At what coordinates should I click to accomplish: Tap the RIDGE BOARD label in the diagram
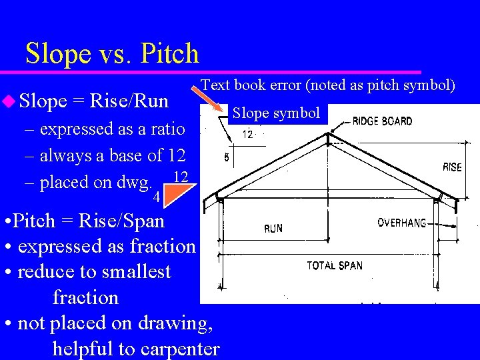pos(382,121)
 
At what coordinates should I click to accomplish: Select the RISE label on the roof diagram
pos(452,167)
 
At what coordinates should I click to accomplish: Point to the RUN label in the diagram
pos(273,228)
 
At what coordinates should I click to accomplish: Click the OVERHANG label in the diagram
pos(401,223)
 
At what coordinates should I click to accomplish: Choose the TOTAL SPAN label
pos(335,265)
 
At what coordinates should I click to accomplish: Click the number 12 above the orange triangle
pos(179,177)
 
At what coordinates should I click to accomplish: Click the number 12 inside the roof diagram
pos(247,135)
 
